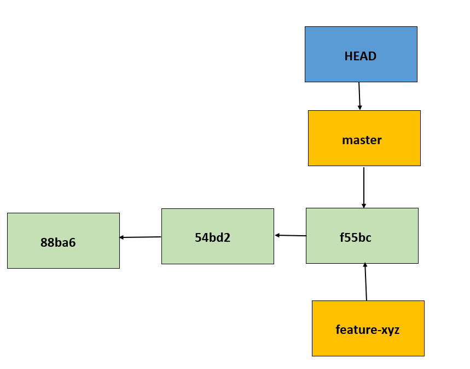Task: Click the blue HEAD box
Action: coord(361,54)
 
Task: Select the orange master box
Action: coord(364,138)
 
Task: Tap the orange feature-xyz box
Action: coord(368,328)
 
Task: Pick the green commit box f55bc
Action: coord(362,236)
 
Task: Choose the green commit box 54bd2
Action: coord(217,236)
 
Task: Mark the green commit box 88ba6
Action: coord(63,241)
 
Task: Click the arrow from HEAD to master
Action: coord(359,96)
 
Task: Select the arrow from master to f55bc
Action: coord(364,187)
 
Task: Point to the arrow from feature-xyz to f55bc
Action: coord(365,282)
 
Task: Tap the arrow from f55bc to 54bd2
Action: coord(291,235)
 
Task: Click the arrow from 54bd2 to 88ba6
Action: coord(140,237)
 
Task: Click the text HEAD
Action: coord(360,56)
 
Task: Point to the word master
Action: coord(362,140)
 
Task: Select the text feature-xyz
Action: coord(368,330)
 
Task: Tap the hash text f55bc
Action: coord(355,237)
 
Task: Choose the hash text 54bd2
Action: coord(212,237)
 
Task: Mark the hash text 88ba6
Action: coord(58,242)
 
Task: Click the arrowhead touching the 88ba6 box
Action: coord(121,237)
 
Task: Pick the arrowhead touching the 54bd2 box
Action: coord(277,235)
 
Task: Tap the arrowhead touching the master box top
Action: coord(360,107)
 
